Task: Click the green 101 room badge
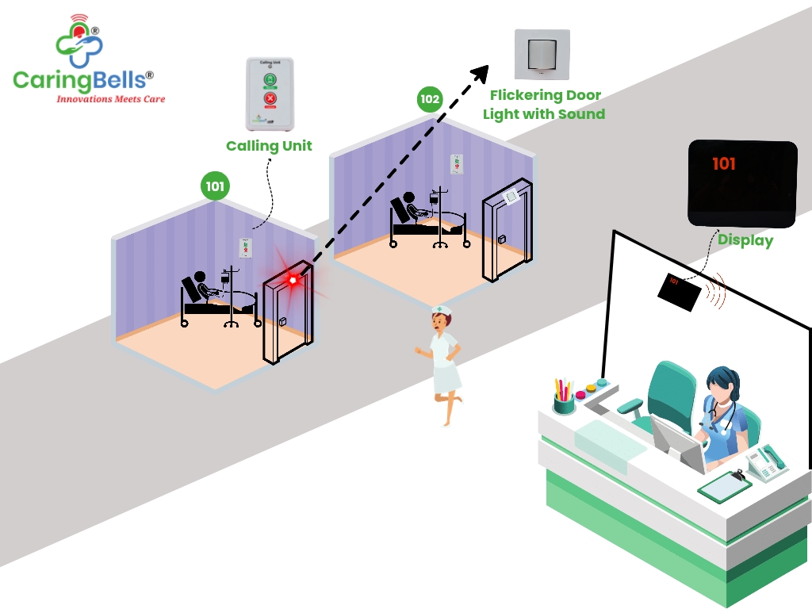(215, 187)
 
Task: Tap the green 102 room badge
(430, 99)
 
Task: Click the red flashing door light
(293, 279)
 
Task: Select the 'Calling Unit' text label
(269, 146)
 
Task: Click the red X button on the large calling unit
(270, 100)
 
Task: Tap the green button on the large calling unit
(270, 79)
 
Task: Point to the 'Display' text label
(745, 239)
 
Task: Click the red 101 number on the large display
(723, 164)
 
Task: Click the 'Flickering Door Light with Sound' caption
(544, 105)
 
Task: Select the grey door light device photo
(542, 55)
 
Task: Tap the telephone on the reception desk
(765, 462)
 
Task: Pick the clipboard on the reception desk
(724, 485)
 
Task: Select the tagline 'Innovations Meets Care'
(110, 100)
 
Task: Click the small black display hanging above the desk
(678, 289)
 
